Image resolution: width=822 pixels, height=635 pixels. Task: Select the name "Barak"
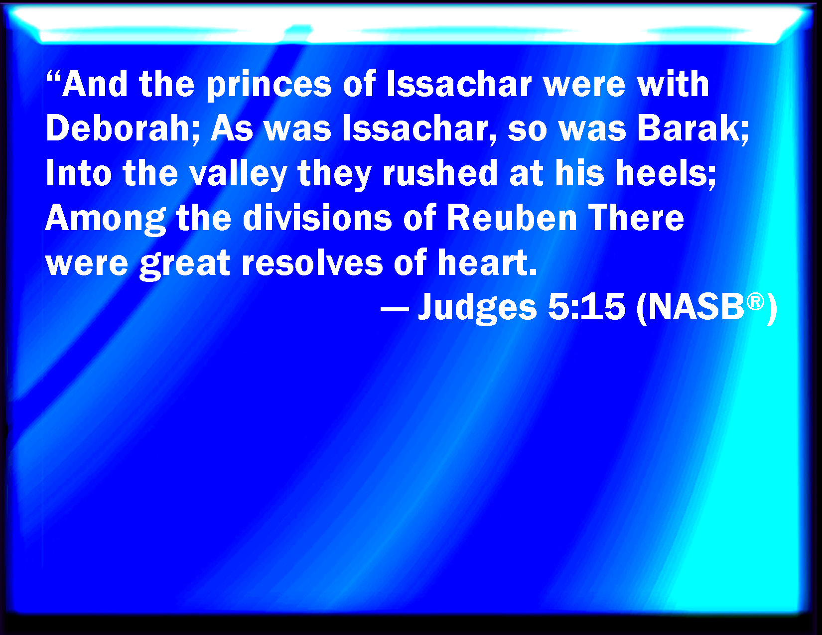[x=692, y=128]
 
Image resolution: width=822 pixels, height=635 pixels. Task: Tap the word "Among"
[x=106, y=219]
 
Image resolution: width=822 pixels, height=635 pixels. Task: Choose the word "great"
[x=185, y=264]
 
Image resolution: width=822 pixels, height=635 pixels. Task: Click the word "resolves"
[x=312, y=262]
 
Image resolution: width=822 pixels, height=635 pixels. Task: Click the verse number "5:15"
[x=587, y=307]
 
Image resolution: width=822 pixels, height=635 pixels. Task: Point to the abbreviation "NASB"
[x=696, y=307]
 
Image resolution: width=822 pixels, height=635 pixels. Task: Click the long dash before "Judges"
[x=395, y=309]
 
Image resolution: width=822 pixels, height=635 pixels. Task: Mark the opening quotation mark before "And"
[x=53, y=76]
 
